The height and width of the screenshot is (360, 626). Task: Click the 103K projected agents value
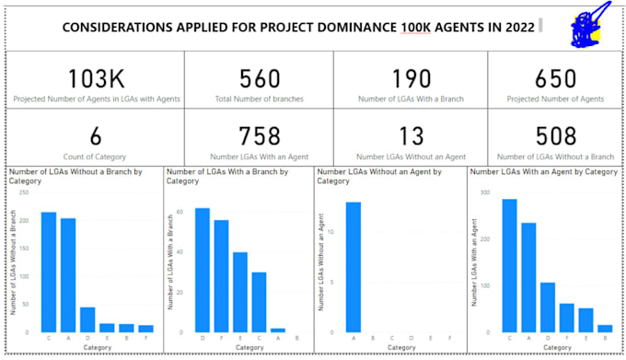point(95,78)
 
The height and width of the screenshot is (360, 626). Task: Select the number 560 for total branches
point(259,78)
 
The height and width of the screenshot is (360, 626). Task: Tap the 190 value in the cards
point(411,78)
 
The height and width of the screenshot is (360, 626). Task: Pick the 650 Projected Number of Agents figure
point(556,78)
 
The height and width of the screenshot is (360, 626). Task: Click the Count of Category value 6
point(95,136)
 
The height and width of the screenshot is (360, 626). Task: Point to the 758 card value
point(259,136)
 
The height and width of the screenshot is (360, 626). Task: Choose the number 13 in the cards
point(411,136)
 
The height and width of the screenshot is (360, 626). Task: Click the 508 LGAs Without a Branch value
point(556,136)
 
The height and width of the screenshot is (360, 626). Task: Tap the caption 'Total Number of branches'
point(259,98)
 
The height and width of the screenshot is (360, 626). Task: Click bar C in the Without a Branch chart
point(49,272)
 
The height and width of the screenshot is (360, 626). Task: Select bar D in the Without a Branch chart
point(87,319)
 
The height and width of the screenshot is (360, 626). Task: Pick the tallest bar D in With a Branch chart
point(202,270)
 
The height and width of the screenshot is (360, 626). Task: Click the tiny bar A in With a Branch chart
point(278,329)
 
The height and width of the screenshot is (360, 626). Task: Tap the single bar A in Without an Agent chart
point(354,267)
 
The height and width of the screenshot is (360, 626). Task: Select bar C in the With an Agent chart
point(509,265)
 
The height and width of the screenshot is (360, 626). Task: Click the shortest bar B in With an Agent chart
point(605,328)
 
